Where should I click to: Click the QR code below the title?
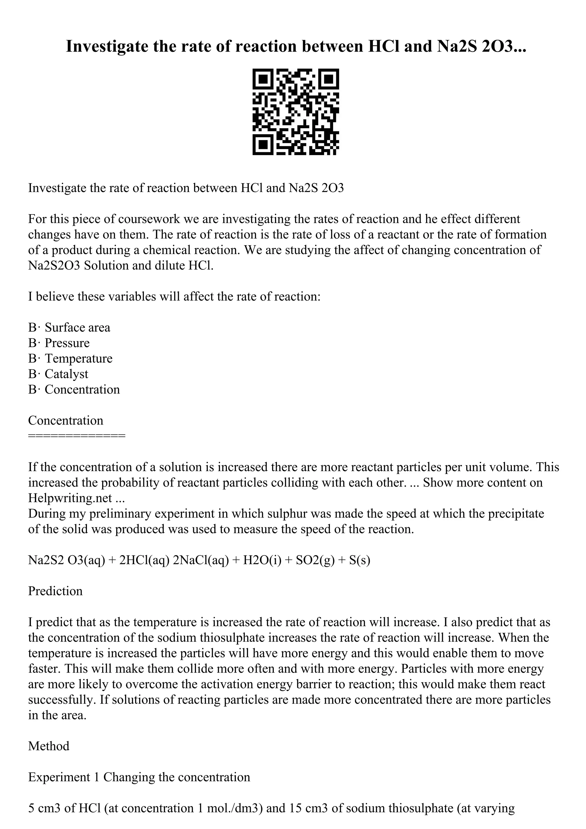pyautogui.click(x=295, y=112)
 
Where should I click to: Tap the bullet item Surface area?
pyautogui.click(x=77, y=328)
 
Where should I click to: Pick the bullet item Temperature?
pyautogui.click(x=78, y=358)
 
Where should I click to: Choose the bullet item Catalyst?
pyautogui.click(x=66, y=374)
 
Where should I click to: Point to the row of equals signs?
pyautogui.click(x=77, y=436)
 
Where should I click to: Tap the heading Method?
pyautogui.click(x=49, y=746)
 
